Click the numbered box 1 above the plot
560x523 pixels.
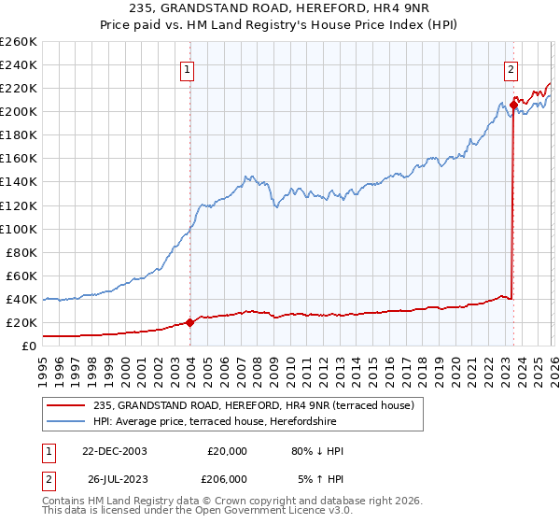(188, 69)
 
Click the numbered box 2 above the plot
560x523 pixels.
(511, 69)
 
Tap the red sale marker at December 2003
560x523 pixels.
(190, 322)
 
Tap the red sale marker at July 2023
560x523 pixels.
(513, 105)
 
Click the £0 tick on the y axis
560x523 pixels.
(28, 346)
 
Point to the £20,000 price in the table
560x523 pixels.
(227, 451)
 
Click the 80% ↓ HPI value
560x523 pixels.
(317, 451)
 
